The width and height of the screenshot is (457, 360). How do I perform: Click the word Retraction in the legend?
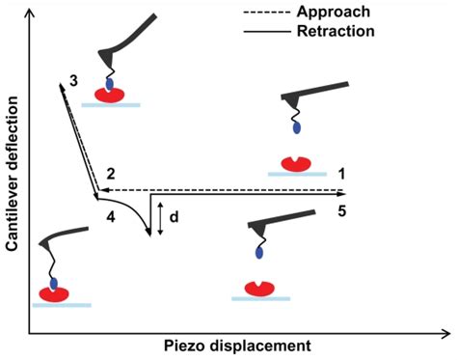tap(337, 31)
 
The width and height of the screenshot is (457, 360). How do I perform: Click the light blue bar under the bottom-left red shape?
tap(61, 304)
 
